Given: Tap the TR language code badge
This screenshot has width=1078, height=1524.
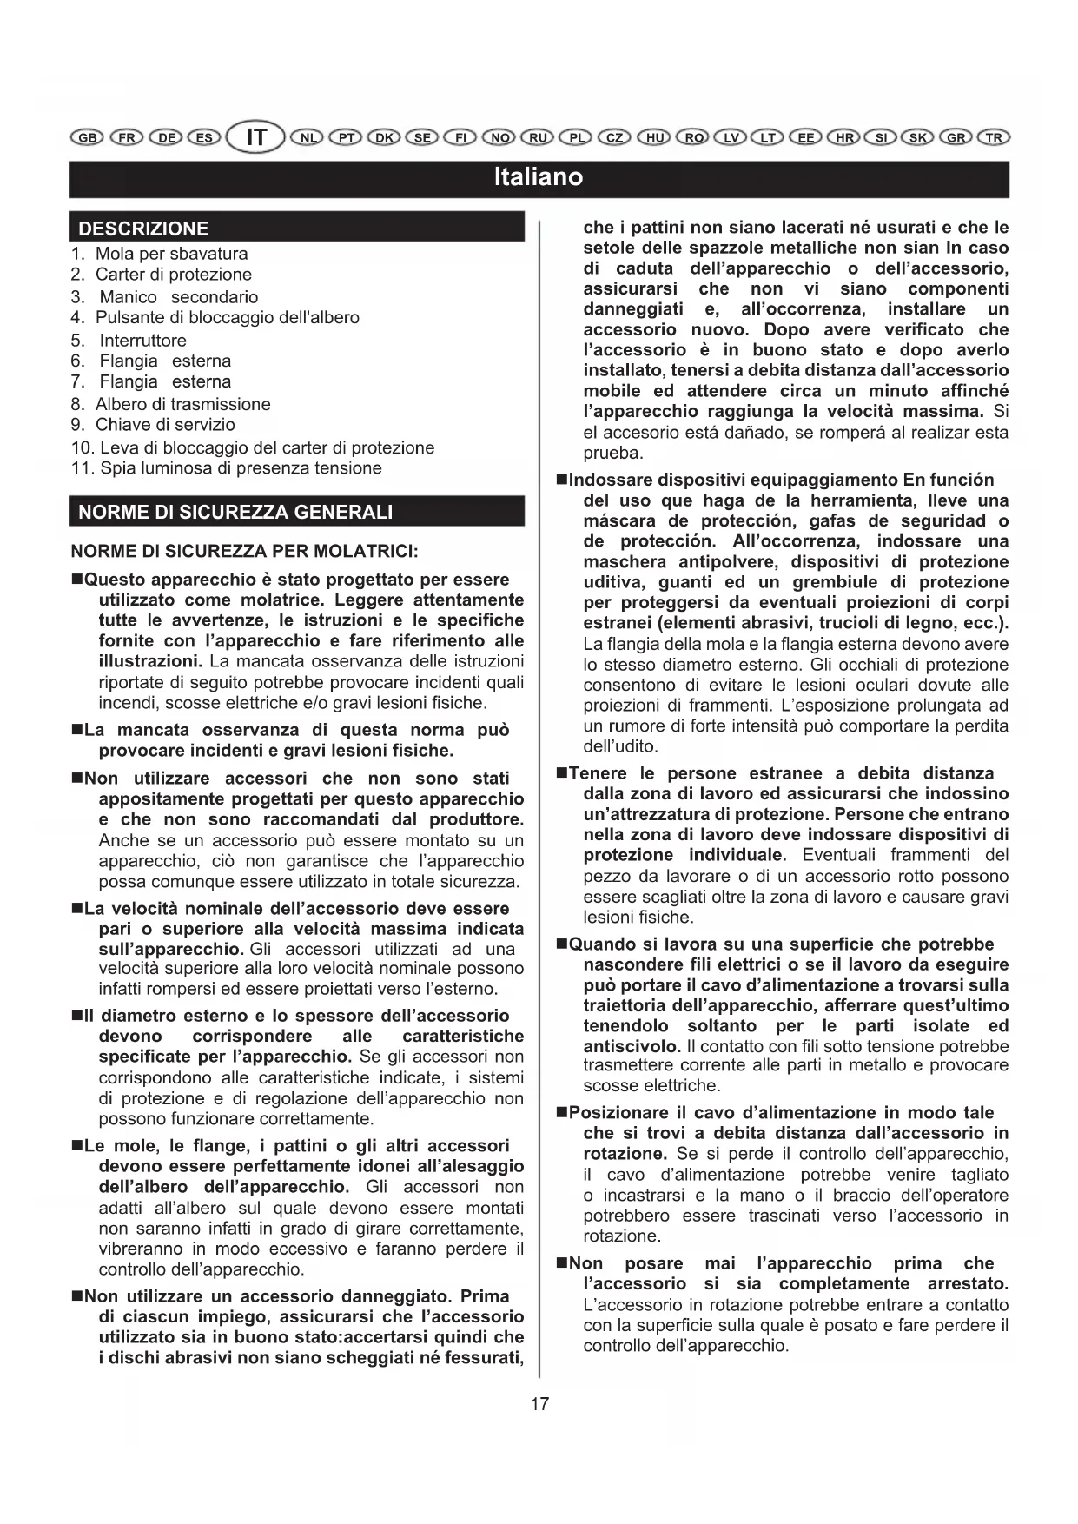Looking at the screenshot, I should (994, 138).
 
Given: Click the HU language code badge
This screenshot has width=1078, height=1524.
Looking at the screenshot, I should (654, 138).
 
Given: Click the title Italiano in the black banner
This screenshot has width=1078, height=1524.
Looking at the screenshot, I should (539, 177).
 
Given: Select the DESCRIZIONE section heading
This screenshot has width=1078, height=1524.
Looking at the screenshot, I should (143, 229).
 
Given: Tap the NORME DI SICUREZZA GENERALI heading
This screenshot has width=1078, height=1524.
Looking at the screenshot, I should (235, 512).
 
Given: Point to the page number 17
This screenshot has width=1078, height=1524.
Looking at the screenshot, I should (539, 1403).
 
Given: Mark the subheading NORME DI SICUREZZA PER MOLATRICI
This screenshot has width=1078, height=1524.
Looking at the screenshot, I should (245, 551).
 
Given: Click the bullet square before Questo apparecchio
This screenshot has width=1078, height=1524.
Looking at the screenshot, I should (76, 580).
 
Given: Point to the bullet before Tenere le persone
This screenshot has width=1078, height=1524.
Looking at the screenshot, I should (561, 773).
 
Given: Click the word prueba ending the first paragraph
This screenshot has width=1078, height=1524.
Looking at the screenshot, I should (613, 453).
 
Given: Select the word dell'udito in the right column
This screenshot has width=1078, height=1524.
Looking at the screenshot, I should (620, 746).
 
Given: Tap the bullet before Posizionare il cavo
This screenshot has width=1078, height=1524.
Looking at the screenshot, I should (561, 1113).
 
